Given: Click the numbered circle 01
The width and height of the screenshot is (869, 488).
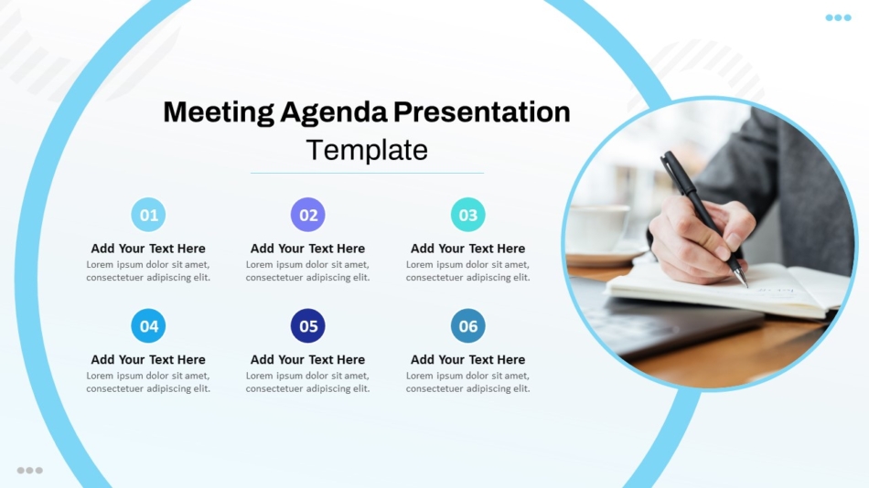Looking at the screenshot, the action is pyautogui.click(x=148, y=215).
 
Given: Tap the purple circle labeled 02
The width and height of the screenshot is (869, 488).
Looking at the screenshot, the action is pyautogui.click(x=307, y=215).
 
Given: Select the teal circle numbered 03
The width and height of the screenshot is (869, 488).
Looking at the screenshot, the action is pyautogui.click(x=467, y=215).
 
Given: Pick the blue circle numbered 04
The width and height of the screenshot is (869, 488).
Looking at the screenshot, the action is pyautogui.click(x=148, y=325).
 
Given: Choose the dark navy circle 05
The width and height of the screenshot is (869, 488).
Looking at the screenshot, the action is pyautogui.click(x=307, y=325).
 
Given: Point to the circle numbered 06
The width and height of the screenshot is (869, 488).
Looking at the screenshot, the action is pyautogui.click(x=467, y=325).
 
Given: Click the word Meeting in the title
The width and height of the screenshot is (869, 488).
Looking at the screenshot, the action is pyautogui.click(x=219, y=112).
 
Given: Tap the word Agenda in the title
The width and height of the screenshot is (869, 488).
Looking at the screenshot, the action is pyautogui.click(x=334, y=113).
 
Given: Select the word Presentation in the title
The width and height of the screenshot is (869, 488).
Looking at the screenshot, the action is pyautogui.click(x=481, y=111).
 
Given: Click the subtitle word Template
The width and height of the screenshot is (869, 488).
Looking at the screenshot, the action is pyautogui.click(x=367, y=150).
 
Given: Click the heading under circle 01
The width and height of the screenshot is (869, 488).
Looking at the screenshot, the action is pyautogui.click(x=148, y=249).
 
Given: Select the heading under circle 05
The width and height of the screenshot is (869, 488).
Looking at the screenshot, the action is pyautogui.click(x=307, y=359).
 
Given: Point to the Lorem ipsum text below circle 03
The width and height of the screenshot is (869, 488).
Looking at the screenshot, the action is pyautogui.click(x=467, y=271).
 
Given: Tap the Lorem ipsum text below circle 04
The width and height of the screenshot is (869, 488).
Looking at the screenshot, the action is pyautogui.click(x=148, y=382).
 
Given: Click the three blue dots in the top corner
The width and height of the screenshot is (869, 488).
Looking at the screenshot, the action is pyautogui.click(x=838, y=17).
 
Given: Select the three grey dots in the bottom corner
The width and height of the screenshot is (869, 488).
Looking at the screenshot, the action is pyautogui.click(x=30, y=471).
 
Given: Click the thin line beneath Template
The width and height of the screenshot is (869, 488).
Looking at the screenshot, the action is pyautogui.click(x=367, y=173).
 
